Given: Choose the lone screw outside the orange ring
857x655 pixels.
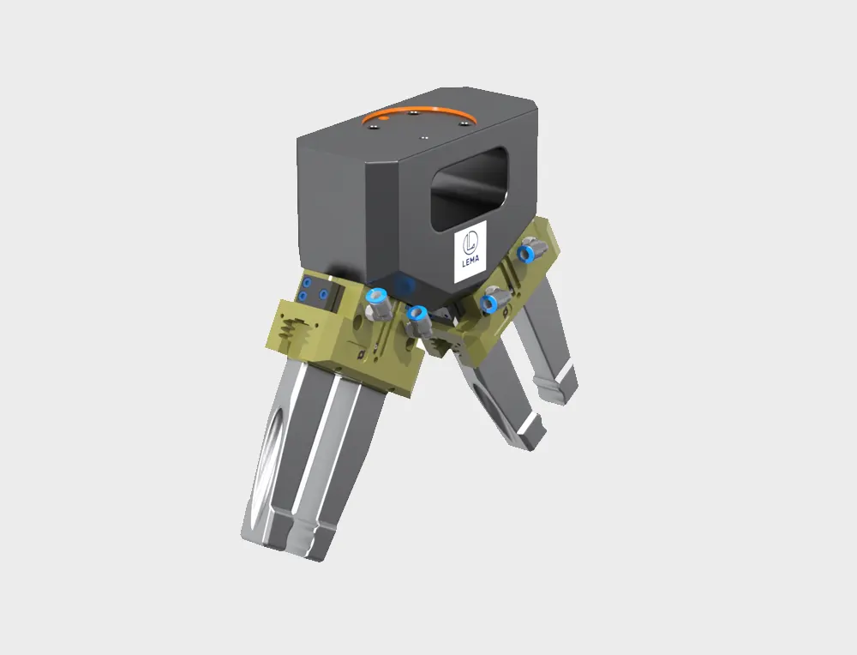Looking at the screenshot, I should coord(424,135).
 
